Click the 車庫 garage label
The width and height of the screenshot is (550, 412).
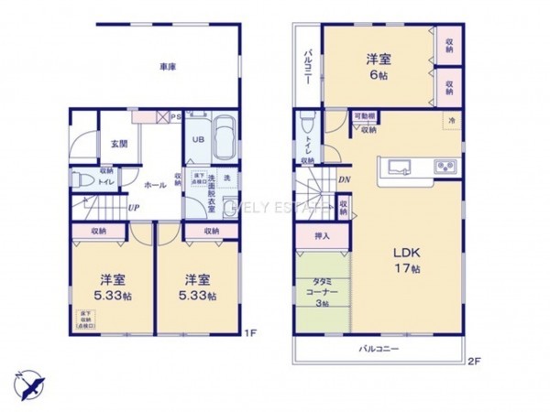(167, 67)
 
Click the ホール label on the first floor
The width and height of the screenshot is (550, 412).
(156, 185)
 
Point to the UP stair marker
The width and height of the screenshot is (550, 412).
(134, 208)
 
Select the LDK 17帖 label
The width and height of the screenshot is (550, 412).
(407, 259)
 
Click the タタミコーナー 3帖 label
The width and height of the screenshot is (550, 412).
(324, 292)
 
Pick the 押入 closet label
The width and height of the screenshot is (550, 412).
(312, 236)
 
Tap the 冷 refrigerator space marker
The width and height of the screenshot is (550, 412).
(451, 121)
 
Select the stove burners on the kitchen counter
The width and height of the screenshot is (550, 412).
(445, 167)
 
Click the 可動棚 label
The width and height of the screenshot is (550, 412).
(365, 116)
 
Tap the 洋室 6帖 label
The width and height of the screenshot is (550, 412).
(380, 67)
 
